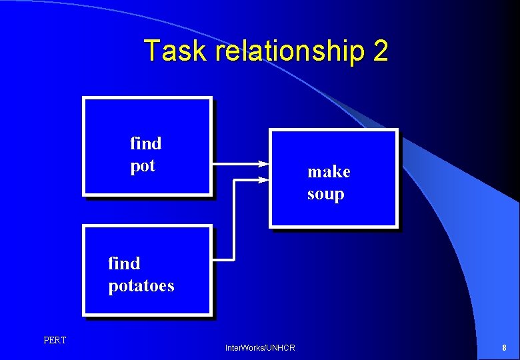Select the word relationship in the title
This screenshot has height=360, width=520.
point(287,51)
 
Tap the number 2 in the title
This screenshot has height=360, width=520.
point(381,51)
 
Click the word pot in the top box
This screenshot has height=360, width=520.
point(143,166)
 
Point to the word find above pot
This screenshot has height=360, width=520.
point(145,143)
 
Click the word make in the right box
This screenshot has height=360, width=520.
point(329,172)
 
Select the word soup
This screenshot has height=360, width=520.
point(325,195)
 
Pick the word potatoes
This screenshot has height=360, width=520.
point(141,286)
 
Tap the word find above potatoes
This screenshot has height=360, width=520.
point(124,263)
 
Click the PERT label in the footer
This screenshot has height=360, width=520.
point(55,341)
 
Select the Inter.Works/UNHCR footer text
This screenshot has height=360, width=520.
point(260,348)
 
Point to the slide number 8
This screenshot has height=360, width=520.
point(504,348)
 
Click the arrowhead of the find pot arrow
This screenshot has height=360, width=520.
point(263,163)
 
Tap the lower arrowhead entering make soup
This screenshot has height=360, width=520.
point(263,179)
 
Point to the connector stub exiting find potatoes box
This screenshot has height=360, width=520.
point(223,259)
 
